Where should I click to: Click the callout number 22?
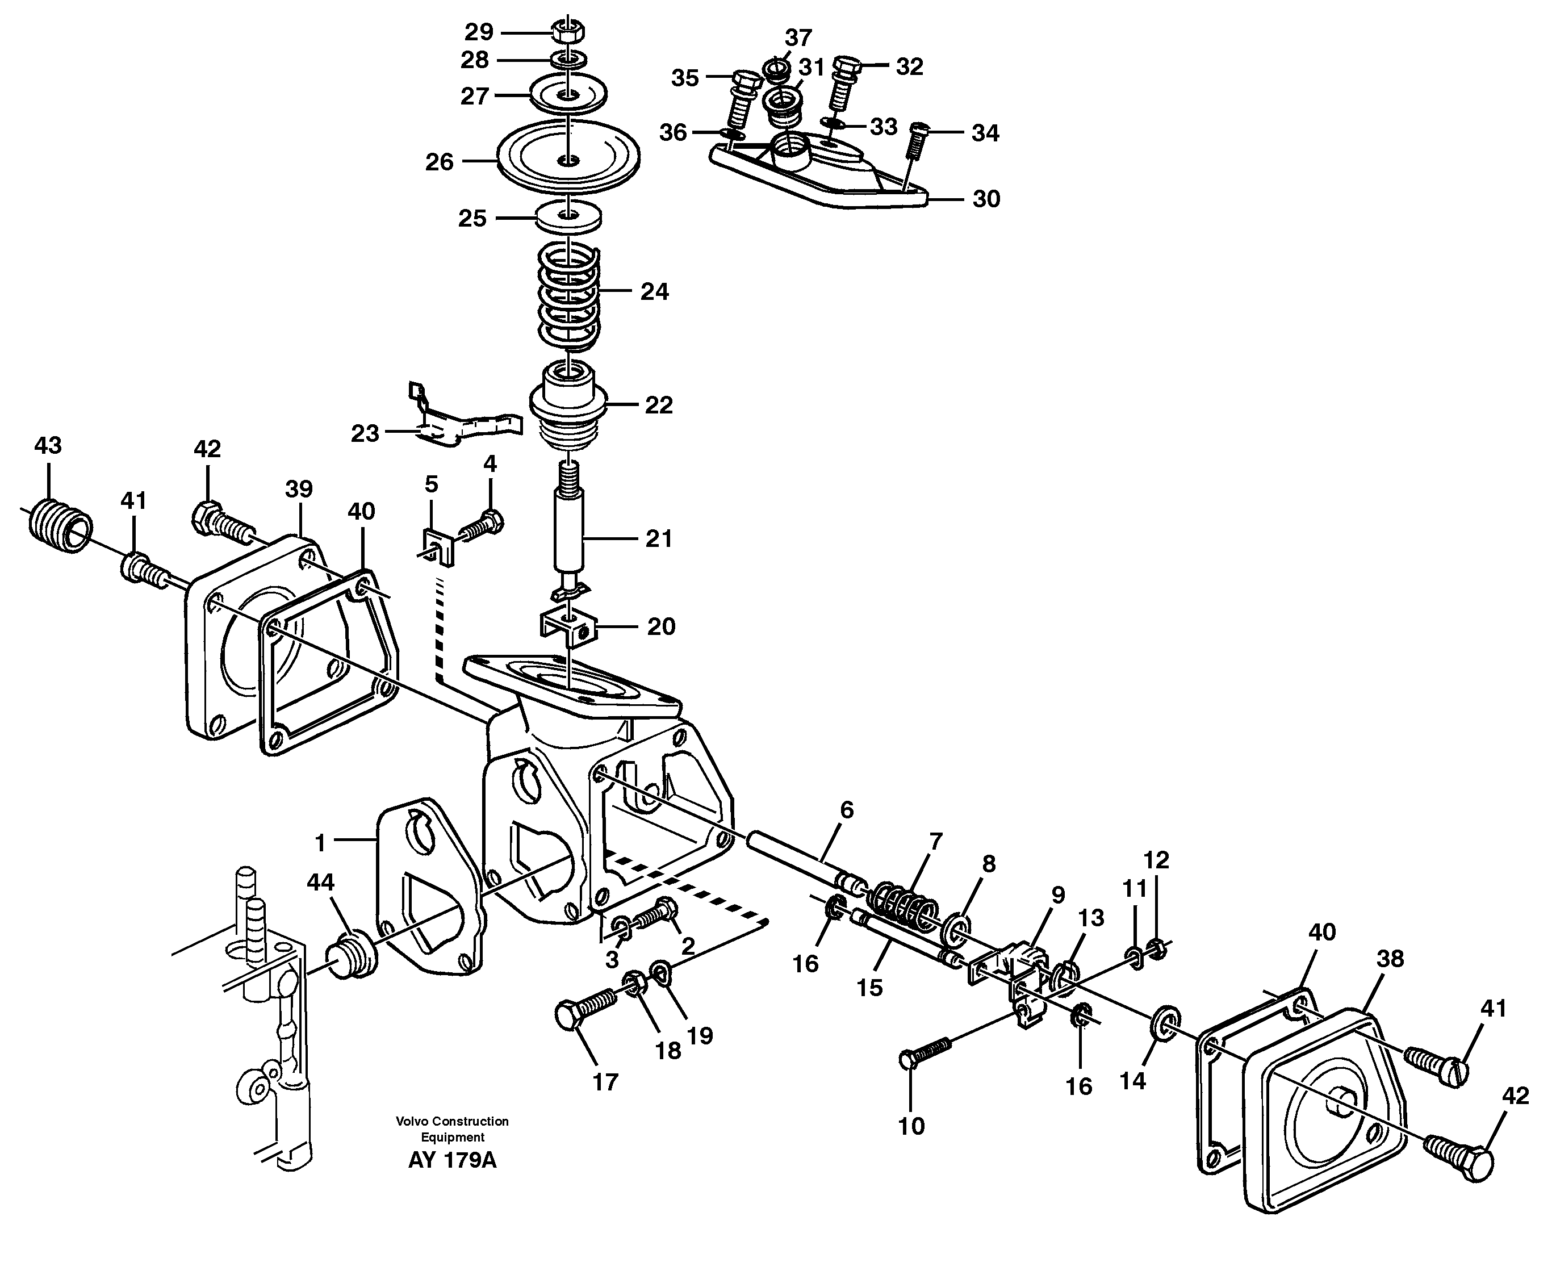[658, 405]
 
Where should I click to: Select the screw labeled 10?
[925, 1052]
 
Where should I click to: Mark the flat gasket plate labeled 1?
[429, 889]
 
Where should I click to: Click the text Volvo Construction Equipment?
[453, 1130]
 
